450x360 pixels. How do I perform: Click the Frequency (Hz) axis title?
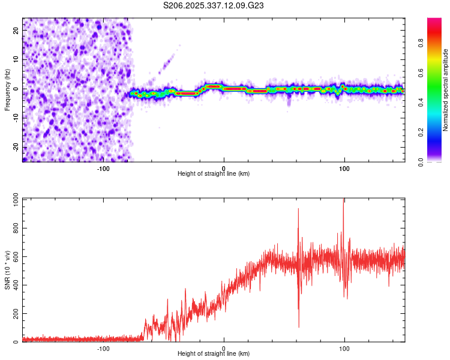tap(7, 89)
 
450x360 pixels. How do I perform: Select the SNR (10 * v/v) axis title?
tap(7, 270)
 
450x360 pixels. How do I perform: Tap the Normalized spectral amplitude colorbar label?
tap(446, 89)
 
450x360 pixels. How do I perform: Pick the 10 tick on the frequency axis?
tap(16, 59)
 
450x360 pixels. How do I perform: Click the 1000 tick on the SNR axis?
tap(12, 199)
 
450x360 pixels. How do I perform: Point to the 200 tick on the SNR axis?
tap(14, 314)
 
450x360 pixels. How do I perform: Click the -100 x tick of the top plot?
tap(103, 167)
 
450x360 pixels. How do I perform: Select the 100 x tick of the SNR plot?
tap(344, 348)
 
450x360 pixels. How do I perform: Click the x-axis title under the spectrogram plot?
tap(214, 174)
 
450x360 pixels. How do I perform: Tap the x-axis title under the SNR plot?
tap(214, 354)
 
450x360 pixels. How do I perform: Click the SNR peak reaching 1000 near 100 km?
tap(343, 200)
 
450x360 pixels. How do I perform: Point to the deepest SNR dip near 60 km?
tap(299, 326)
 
